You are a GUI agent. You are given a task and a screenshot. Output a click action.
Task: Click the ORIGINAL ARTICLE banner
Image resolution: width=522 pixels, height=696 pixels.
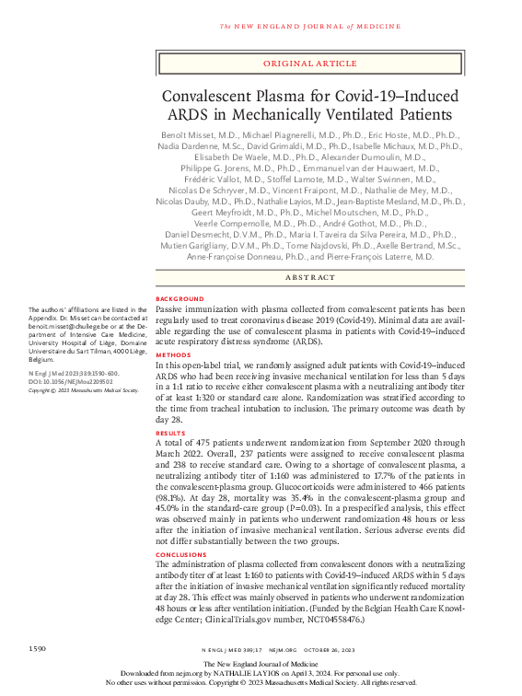(x=309, y=64)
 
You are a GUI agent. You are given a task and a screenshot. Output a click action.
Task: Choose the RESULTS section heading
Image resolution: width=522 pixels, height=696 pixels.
(x=172, y=432)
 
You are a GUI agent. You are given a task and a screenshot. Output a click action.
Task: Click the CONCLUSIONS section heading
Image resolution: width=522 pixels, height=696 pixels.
(x=182, y=554)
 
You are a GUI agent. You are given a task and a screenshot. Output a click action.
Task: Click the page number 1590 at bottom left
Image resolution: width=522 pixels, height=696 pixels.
(x=38, y=650)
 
